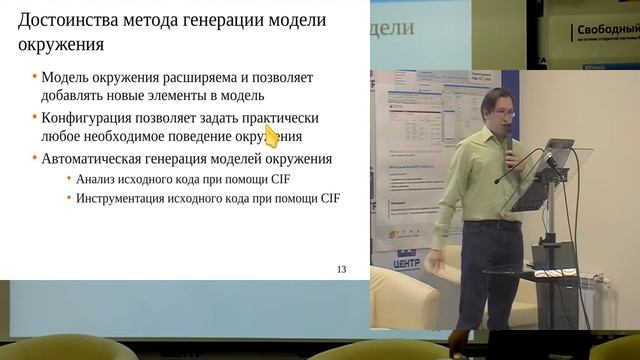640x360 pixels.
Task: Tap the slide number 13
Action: pos(341,269)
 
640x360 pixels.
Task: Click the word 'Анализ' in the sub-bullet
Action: pos(98,179)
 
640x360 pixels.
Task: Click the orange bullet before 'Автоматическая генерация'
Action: pos(34,159)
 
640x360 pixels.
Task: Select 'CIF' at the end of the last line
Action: pos(328,198)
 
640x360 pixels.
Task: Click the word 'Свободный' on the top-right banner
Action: pos(606,31)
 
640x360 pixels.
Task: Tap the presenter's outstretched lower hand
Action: pos(432,263)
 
